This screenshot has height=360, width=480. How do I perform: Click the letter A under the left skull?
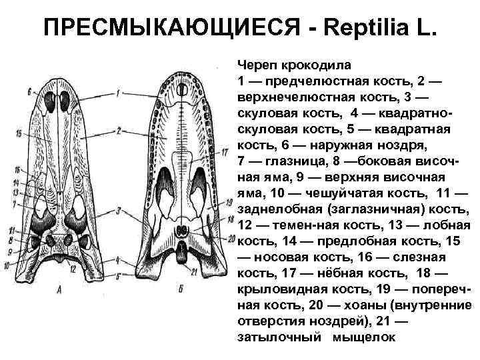tap(60, 289)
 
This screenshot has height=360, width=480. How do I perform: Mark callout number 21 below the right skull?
tap(193, 271)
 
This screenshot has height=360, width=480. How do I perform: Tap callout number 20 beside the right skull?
tap(231, 238)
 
